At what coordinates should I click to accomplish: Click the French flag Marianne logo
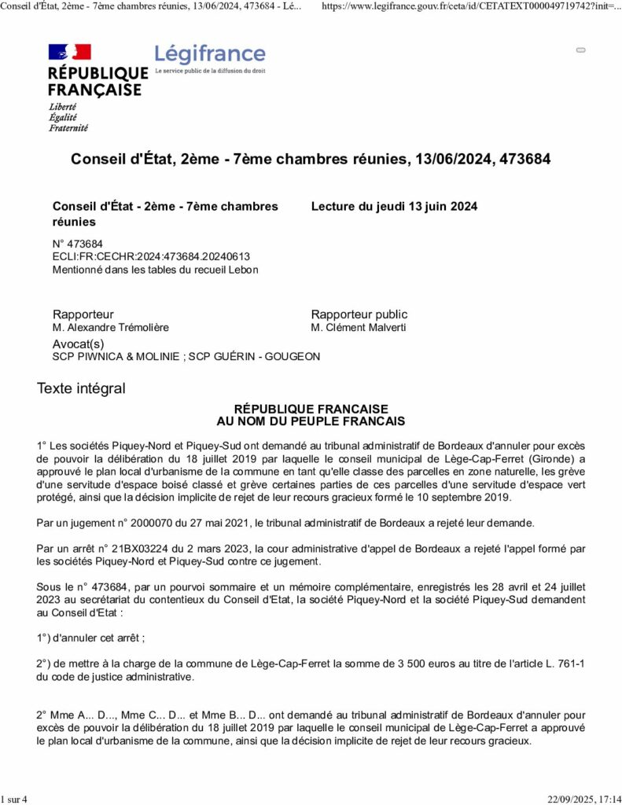[x=70, y=53]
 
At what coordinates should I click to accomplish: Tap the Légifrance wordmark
[x=210, y=54]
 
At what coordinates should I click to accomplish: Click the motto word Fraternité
[x=68, y=127]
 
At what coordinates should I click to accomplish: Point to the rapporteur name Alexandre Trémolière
[x=110, y=328]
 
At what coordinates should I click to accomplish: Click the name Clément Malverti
[x=359, y=328]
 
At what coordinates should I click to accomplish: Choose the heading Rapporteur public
[x=359, y=314]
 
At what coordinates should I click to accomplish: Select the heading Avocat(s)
[x=78, y=344]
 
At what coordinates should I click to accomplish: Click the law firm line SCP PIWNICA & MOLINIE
[x=117, y=357]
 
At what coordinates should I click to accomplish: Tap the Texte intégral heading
[x=81, y=388]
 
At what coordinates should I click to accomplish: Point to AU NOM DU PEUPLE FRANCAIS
[x=311, y=421]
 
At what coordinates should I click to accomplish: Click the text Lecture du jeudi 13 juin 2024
[x=394, y=207]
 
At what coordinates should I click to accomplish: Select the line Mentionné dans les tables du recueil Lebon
[x=155, y=270]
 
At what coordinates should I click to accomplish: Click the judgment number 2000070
[x=152, y=523]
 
